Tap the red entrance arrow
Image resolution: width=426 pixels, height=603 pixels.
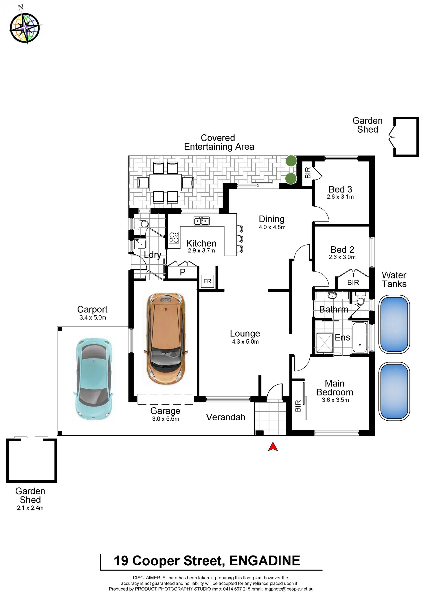click(273, 447)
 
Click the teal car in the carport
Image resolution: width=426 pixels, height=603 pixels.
click(93, 379)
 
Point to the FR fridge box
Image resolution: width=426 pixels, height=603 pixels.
click(208, 281)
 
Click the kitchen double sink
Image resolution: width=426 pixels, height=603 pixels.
click(201, 221)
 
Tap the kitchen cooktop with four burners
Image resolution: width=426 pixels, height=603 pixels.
click(174, 237)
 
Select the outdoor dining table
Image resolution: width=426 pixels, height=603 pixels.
click(166, 182)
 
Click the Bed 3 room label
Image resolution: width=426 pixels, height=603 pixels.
click(340, 189)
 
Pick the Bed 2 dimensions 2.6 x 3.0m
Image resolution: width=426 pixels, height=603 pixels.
click(342, 257)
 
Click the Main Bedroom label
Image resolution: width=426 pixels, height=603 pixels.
click(335, 388)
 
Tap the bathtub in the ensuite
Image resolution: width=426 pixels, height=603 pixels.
click(360, 337)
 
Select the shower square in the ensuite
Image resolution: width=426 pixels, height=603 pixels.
click(324, 342)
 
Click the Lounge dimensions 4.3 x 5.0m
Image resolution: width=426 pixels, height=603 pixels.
click(245, 342)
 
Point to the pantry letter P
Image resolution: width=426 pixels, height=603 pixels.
click(183, 272)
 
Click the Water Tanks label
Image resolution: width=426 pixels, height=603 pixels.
click(394, 279)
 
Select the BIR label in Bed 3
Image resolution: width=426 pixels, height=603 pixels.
click(308, 173)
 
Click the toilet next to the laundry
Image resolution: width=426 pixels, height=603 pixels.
click(142, 224)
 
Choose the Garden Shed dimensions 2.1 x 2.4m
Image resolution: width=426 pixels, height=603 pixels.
click(30, 508)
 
